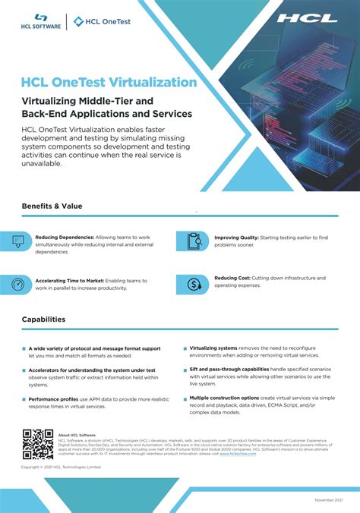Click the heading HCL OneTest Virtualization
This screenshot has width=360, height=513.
click(x=109, y=82)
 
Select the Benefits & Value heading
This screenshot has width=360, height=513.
click(x=52, y=206)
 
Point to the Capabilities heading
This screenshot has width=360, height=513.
click(x=43, y=319)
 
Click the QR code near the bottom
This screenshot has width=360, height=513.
click(x=36, y=445)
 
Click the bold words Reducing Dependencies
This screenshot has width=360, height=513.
click(x=65, y=237)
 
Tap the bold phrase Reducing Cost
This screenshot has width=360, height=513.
click(x=232, y=278)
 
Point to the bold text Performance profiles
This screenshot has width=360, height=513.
click(x=54, y=398)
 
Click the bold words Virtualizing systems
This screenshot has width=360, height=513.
click(x=213, y=348)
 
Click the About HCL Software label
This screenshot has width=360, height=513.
click(x=77, y=435)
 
